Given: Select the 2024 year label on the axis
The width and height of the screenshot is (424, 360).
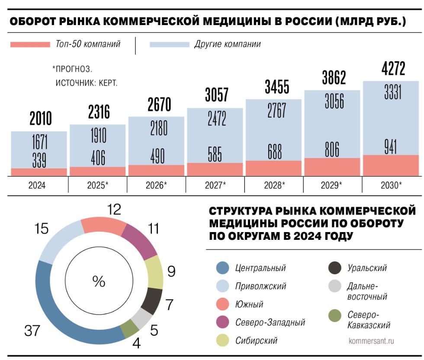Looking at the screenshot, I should pos(39,185).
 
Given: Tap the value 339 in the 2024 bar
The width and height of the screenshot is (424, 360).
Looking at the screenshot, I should pos(39,160).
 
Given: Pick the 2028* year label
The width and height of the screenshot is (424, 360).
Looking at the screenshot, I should pos(274,185).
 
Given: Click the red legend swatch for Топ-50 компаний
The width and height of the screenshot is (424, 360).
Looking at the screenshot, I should pos(30,44).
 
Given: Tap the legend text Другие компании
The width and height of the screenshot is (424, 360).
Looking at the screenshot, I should pos(228,44).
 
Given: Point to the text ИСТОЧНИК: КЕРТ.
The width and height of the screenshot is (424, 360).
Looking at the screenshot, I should pos(87,83).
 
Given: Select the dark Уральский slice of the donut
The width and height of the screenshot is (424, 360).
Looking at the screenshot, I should pos(151,301).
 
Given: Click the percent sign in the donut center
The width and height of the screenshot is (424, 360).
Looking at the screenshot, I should pos(99,281).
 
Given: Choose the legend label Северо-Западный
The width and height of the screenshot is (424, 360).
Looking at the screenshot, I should pos(270,322).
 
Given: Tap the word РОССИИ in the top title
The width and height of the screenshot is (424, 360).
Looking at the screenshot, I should pos(299,22).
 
